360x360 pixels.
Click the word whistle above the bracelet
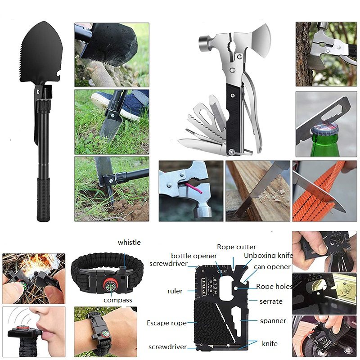click(x=129, y=243)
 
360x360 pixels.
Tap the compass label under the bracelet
click(x=117, y=300)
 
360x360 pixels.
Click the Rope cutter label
click(x=236, y=247)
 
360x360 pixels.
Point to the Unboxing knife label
click(x=268, y=255)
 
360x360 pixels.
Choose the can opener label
click(x=272, y=266)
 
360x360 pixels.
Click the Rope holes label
click(x=274, y=286)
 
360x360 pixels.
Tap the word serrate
click(x=271, y=301)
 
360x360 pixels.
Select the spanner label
click(x=273, y=321)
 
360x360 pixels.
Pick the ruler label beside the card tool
click(x=175, y=291)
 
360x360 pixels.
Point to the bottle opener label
click(x=193, y=256)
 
